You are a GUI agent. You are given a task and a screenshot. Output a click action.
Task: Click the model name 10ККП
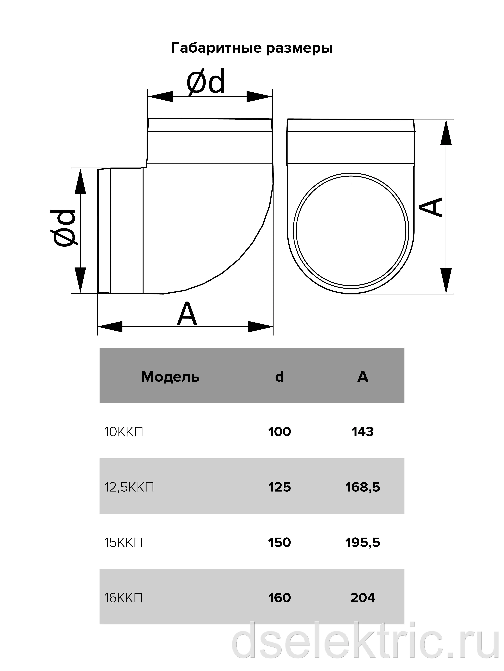[x=124, y=432]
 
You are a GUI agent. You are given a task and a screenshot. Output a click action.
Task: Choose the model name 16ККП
[x=124, y=598]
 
